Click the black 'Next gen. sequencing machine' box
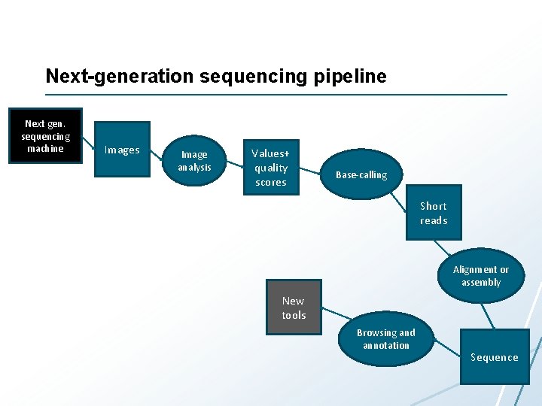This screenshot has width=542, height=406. [45, 136]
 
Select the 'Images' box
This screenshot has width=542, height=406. [122, 150]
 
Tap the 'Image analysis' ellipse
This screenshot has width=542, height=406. [194, 160]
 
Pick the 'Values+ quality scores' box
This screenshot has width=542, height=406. [271, 168]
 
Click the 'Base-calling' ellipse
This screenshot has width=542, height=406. [361, 175]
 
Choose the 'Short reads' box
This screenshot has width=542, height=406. [434, 213]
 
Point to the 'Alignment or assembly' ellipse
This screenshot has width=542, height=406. [480, 276]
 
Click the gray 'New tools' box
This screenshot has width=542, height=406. [294, 308]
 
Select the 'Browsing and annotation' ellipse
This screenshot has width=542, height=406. [385, 339]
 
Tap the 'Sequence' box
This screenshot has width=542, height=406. [495, 357]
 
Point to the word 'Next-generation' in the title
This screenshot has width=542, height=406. [107, 76]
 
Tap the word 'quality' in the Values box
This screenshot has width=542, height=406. [271, 168]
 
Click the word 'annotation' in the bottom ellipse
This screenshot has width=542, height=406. [386, 346]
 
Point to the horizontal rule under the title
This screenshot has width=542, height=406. [276, 95]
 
